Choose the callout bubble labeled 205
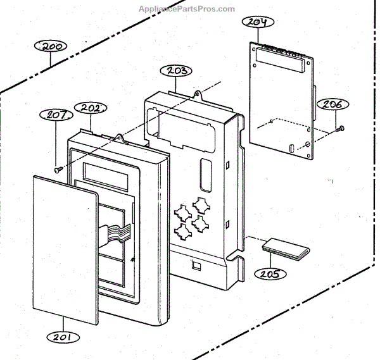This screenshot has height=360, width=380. [270, 273]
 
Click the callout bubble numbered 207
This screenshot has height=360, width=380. [57, 115]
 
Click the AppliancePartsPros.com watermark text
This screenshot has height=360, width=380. [186, 9]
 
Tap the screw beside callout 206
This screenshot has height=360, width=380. [341, 129]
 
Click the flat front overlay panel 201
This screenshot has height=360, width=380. [63, 247]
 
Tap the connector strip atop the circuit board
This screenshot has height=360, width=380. [282, 53]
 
